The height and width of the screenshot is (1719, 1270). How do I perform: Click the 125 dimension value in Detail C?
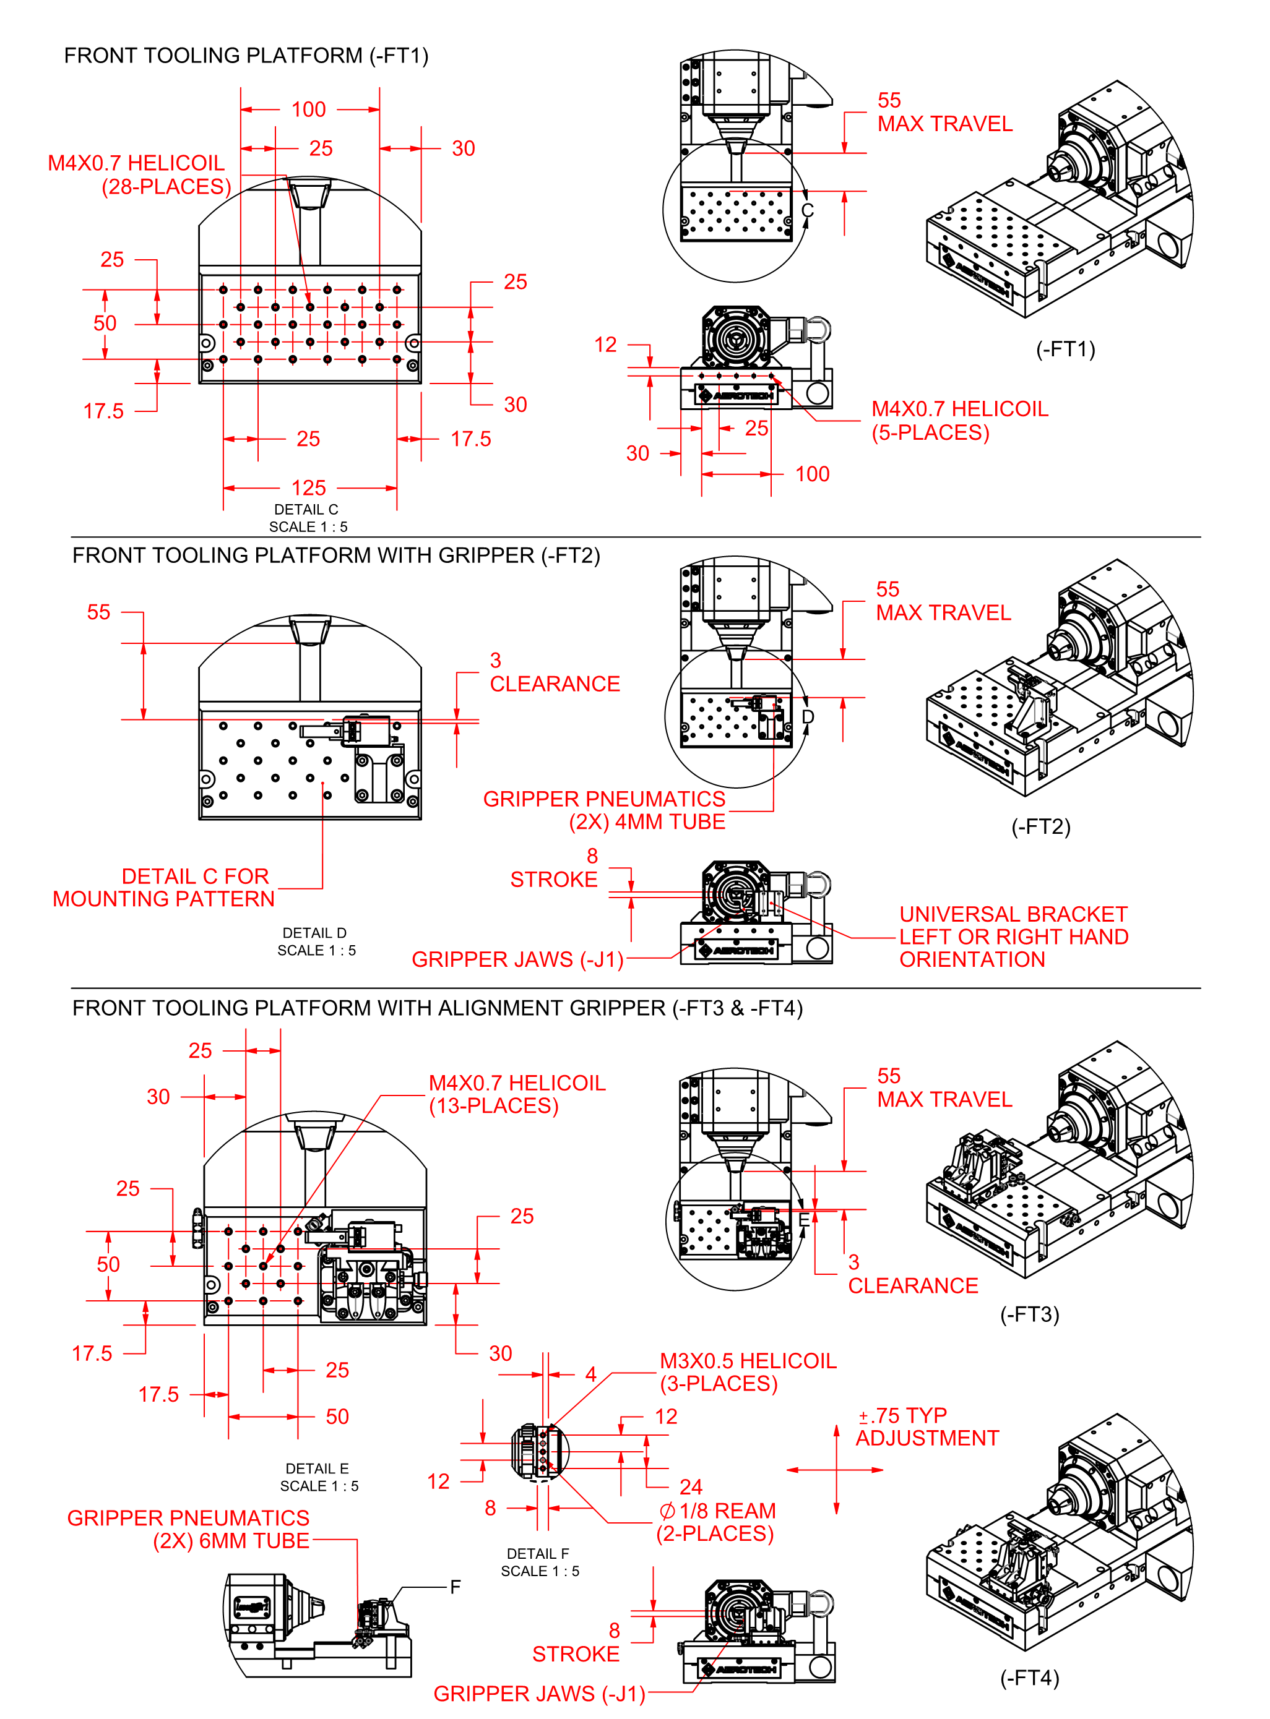pyautogui.click(x=308, y=487)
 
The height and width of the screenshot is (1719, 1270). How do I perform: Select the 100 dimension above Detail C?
pyautogui.click(x=308, y=109)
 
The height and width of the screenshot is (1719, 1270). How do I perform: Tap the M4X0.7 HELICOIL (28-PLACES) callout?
pyautogui.click(x=139, y=174)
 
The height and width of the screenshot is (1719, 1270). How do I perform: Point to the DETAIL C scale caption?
pyautogui.click(x=307, y=518)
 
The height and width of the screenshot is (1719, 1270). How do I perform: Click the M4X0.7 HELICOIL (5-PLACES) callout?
pyautogui.click(x=959, y=421)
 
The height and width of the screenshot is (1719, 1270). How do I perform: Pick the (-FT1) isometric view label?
pyautogui.click(x=1065, y=349)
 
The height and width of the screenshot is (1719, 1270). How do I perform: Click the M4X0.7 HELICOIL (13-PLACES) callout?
pyautogui.click(x=517, y=1094)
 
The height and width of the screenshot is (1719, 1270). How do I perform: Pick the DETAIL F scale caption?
pyautogui.click(x=539, y=1563)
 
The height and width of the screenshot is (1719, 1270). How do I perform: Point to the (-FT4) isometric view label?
pyautogui.click(x=1029, y=1678)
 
